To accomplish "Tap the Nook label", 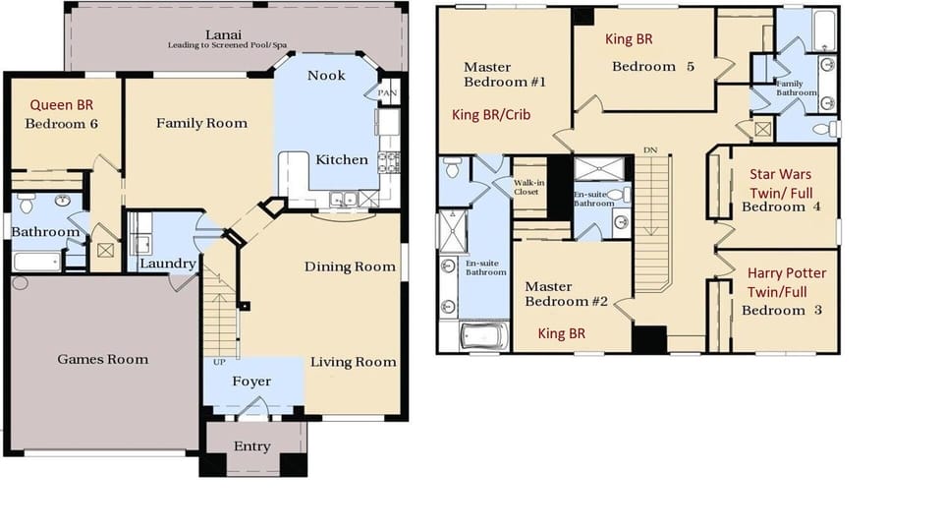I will tap(326, 76).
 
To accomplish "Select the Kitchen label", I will tap(341, 159).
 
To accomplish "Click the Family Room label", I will tap(201, 123).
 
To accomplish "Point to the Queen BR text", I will tap(61, 104).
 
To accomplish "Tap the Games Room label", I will tap(102, 359).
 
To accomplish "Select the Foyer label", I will tap(251, 382).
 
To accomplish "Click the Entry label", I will tap(251, 446).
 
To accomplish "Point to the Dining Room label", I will tap(350, 266).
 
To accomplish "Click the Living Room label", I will tap(353, 362).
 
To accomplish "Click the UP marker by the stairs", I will tap(218, 362).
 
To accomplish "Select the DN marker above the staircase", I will tap(649, 149).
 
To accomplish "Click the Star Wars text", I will tap(781, 174).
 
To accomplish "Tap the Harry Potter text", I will tap(786, 272).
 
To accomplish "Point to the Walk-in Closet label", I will tap(530, 187).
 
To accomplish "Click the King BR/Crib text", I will tap(491, 115).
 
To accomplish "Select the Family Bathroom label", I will tap(796, 88).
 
